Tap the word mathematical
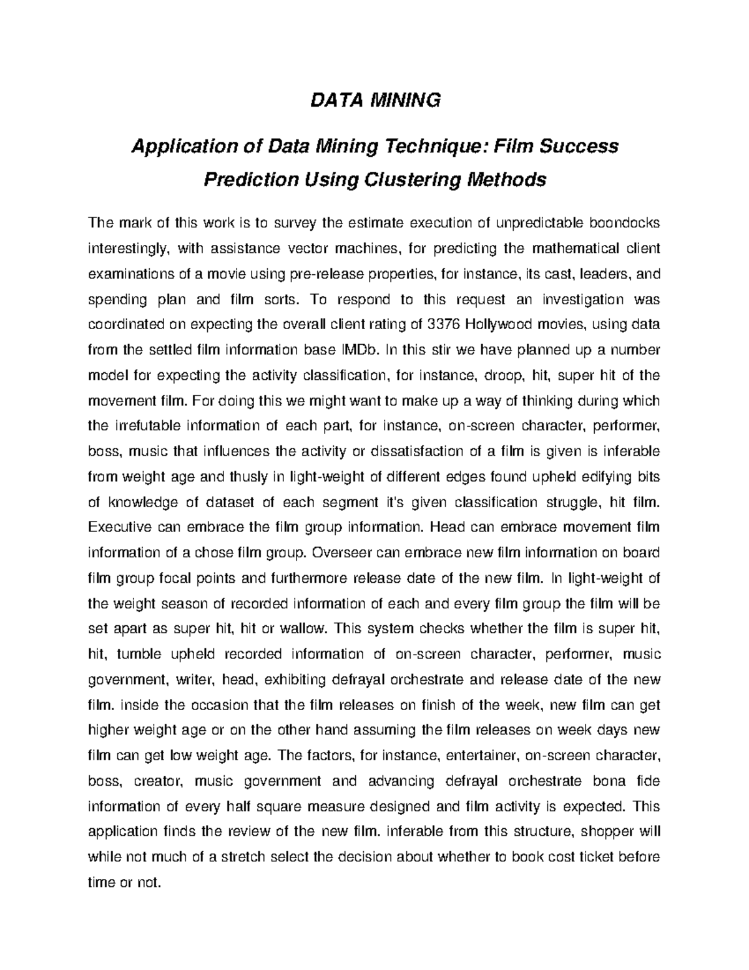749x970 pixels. pyautogui.click(x=574, y=249)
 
